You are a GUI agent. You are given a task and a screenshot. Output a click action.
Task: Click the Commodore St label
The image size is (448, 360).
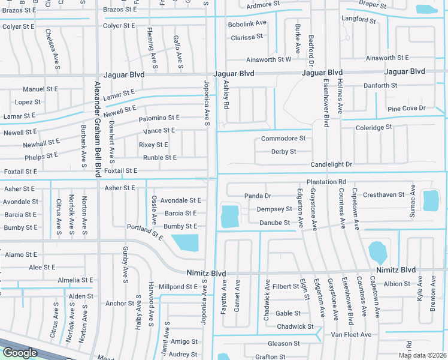point(283,139)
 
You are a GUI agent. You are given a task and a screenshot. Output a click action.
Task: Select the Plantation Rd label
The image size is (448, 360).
point(326,182)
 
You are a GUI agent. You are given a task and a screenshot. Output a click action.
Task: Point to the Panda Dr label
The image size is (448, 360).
point(258,196)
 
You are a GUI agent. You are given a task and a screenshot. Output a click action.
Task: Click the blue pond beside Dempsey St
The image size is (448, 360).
point(229,216)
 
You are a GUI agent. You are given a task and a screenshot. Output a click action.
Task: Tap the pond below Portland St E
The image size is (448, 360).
point(185,243)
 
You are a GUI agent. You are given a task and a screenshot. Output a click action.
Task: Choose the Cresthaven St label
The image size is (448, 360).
point(383,194)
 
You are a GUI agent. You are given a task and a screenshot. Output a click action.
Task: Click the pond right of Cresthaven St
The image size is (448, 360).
point(431,200)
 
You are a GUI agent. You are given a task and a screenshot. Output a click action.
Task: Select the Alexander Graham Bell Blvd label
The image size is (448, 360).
point(95,127)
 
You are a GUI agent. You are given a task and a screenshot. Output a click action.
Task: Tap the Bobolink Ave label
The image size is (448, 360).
point(247,23)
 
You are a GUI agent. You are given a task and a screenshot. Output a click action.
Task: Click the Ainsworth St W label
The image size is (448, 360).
point(268,59)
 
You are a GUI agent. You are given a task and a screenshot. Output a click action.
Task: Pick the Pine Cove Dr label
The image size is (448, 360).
point(406,109)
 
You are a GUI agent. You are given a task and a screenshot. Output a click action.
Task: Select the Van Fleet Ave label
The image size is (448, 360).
point(351,334)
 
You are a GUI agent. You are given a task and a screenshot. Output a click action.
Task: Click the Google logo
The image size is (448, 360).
point(20,353)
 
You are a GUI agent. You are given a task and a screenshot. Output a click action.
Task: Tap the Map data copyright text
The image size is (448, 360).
point(423,355)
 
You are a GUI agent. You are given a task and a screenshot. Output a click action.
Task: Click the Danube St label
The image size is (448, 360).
point(275,223)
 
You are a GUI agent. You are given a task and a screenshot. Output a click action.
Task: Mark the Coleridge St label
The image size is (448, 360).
point(373,127)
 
